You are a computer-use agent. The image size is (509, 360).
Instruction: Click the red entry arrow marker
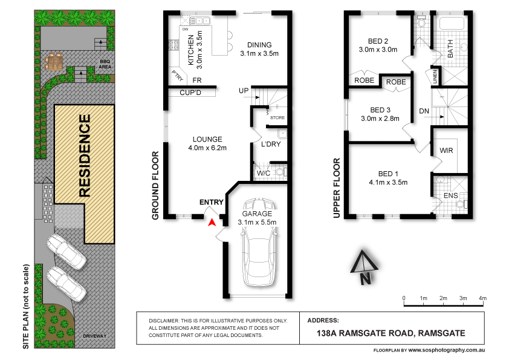coord(211,223)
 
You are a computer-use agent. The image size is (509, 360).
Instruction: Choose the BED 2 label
coord(378,41)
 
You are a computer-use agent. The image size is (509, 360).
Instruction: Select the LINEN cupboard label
coord(434,76)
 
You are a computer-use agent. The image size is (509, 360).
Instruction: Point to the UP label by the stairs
coord(244,91)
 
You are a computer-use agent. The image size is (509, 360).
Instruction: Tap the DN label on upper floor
coord(424,111)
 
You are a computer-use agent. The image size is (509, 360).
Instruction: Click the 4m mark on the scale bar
coord(482,298)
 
